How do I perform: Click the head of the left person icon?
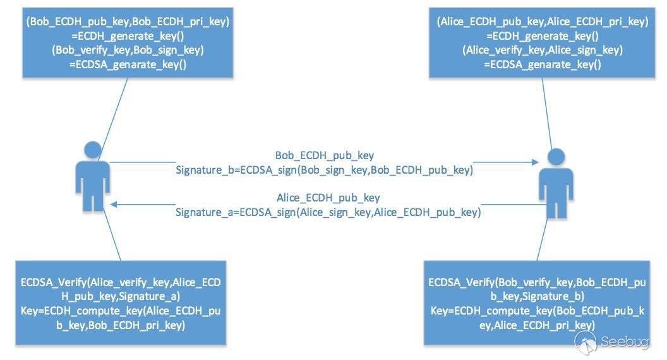pyautogui.click(x=93, y=150)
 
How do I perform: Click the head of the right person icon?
pyautogui.click(x=556, y=157)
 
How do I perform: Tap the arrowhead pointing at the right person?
pyautogui.click(x=535, y=162)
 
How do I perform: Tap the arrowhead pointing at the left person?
pyautogui.click(x=114, y=204)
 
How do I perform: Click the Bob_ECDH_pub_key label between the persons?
pyautogui.click(x=325, y=155)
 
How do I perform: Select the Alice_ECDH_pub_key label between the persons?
pyautogui.click(x=328, y=198)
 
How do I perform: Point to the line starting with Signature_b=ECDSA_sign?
pyautogui.click(x=324, y=170)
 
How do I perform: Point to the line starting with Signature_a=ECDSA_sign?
pyautogui.click(x=328, y=212)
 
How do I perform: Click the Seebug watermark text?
pyautogui.click(x=625, y=341)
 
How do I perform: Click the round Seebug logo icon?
pyautogui.click(x=586, y=342)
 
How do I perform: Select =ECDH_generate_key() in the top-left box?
pyautogui.click(x=128, y=36)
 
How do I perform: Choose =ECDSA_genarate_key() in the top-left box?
pyautogui.click(x=128, y=64)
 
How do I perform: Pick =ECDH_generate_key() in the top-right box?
pyautogui.click(x=543, y=36)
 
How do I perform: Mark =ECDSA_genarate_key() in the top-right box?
pyautogui.click(x=543, y=64)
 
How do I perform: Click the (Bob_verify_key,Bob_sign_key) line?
pyautogui.click(x=128, y=50)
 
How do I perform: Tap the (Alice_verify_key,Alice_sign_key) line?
pyautogui.click(x=543, y=50)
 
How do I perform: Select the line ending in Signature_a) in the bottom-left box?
pyautogui.click(x=121, y=296)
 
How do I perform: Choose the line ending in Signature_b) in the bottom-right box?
pyautogui.click(x=538, y=296)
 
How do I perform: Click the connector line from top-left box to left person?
pyautogui.click(x=113, y=119)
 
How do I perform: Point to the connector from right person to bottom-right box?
pyautogui.click(x=542, y=239)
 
